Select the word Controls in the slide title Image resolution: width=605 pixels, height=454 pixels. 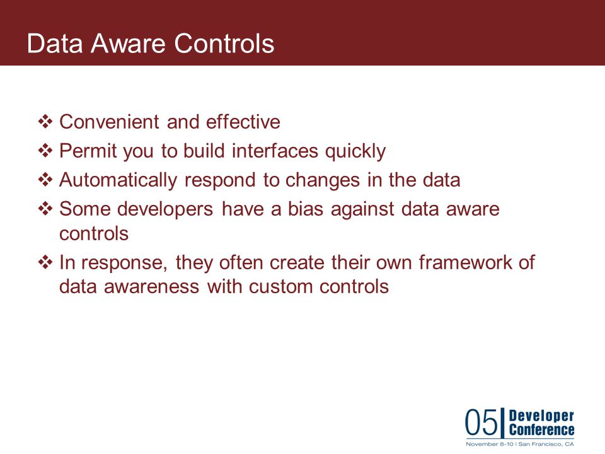click(x=224, y=43)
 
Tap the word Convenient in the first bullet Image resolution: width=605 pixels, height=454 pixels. click(x=109, y=122)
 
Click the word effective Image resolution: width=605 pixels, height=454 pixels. click(x=243, y=122)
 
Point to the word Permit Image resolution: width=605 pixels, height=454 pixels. click(x=88, y=151)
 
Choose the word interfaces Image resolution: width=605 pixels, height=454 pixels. click(x=275, y=151)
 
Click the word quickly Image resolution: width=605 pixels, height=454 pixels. click(x=355, y=151)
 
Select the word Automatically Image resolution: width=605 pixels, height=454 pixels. click(x=118, y=180)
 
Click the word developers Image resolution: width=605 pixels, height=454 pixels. click(x=165, y=209)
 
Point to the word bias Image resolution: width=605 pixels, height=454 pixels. click(x=306, y=209)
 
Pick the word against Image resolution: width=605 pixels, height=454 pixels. click(x=363, y=209)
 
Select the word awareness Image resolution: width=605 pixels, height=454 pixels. click(x=152, y=286)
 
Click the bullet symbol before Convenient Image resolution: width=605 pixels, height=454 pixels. click(x=45, y=122)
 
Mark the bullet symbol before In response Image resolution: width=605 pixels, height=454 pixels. click(x=45, y=262)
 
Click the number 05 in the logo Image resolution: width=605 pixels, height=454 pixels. click(x=481, y=422)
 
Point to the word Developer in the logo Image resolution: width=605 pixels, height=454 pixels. click(x=541, y=416)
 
